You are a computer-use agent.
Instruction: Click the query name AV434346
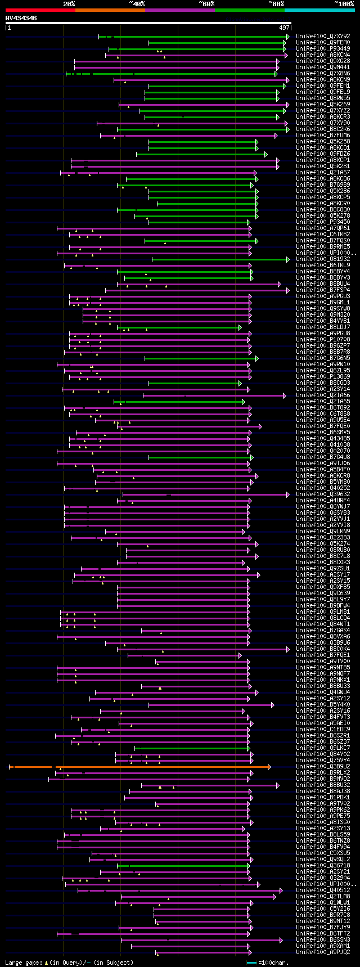click(21, 18)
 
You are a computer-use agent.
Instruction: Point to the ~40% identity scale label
click(137, 4)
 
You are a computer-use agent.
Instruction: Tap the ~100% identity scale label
click(344, 4)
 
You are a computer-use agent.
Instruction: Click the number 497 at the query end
click(283, 28)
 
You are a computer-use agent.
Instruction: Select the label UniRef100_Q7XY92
click(323, 37)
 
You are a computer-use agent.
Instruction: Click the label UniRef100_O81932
click(323, 259)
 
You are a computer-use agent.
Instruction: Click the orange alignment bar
click(141, 767)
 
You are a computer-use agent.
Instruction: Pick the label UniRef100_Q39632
click(323, 494)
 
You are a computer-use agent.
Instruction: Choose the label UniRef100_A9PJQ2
click(323, 952)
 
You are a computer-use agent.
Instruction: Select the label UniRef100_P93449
click(323, 49)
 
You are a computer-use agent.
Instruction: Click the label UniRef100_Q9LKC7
click(323, 748)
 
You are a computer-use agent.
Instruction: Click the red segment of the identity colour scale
click(40, 10)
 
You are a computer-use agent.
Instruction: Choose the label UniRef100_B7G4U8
click(323, 457)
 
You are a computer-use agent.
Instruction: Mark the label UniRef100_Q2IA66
click(323, 395)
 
